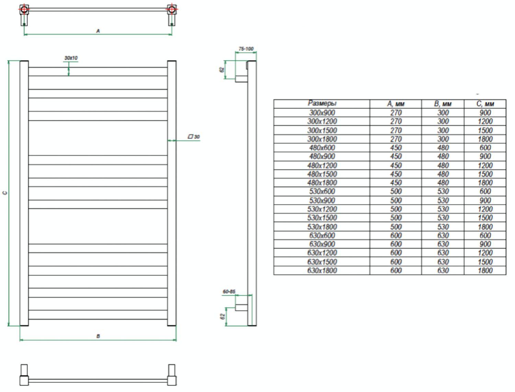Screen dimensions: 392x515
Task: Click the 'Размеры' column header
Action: [322, 104]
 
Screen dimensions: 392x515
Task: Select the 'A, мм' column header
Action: [396, 104]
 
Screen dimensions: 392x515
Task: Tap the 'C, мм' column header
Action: [485, 104]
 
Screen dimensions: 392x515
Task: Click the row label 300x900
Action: [322, 113]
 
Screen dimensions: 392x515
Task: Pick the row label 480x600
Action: [322, 148]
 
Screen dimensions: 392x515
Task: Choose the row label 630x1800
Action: [322, 271]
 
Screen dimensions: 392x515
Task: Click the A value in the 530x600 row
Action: [396, 191]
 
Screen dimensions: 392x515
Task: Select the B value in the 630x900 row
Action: [443, 244]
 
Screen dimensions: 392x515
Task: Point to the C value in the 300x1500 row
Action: [485, 130]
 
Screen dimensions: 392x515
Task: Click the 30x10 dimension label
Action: [71, 58]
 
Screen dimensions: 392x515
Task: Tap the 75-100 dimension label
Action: [246, 49]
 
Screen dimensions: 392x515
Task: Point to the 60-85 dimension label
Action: [229, 292]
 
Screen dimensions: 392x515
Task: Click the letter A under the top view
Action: [98, 31]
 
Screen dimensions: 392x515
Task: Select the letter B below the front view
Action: [98, 336]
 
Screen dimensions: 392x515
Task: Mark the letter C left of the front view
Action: [4, 193]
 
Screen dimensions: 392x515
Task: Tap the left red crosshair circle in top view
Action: [24, 9]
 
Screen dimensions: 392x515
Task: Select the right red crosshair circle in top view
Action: [172, 9]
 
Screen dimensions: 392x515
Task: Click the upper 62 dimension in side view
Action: [222, 69]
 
